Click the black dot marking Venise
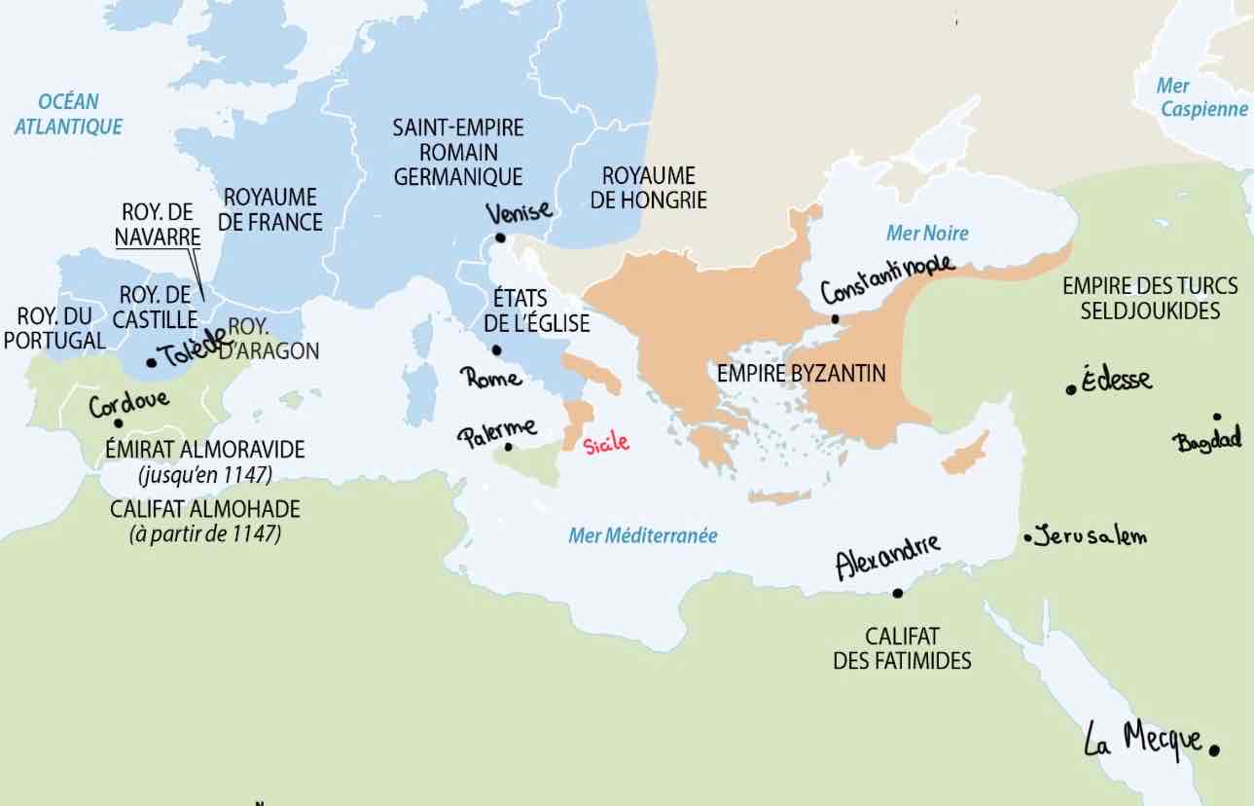(499, 238)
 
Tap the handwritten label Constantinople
(887, 278)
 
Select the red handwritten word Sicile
(606, 444)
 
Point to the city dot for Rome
(496, 350)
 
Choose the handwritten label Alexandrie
(888, 556)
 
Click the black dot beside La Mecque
(1214, 750)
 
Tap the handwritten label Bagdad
(1208, 441)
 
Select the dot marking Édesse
(1071, 389)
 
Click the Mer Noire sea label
(927, 234)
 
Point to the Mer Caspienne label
(1202, 98)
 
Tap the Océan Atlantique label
(68, 114)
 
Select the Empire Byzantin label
(801, 373)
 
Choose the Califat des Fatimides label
(902, 648)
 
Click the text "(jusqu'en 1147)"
(205, 475)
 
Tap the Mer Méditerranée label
(642, 535)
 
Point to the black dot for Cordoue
(118, 423)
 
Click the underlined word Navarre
(158, 236)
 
